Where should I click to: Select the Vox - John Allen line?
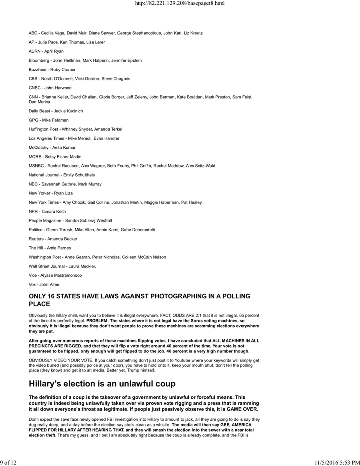44,285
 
